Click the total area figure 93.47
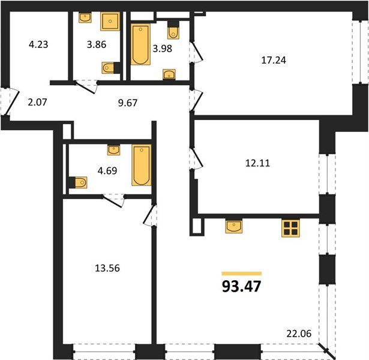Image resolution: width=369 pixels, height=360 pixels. [241, 286]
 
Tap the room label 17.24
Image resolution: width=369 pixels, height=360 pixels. [274, 60]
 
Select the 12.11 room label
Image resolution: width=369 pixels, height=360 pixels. [257, 163]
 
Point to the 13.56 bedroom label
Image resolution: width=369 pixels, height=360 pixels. [107, 268]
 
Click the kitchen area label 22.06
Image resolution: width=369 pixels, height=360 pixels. [299, 334]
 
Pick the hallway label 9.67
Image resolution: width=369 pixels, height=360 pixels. [128, 103]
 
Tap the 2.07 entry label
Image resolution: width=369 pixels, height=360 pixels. [37, 102]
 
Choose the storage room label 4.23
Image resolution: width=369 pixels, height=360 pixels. [38, 44]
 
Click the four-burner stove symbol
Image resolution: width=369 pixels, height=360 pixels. [290, 228]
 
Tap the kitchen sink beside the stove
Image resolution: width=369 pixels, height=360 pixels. [233, 226]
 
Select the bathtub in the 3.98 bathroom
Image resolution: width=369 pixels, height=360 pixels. [140, 44]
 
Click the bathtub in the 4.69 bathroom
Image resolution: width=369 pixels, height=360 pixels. [142, 165]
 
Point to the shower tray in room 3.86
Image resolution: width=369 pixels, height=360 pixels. [110, 21]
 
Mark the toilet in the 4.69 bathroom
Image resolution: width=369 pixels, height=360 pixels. [79, 182]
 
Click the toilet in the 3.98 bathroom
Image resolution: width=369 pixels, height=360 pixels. [173, 31]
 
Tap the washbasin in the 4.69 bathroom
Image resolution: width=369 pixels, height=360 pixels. [113, 150]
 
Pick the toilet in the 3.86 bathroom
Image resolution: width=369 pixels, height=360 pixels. [111, 68]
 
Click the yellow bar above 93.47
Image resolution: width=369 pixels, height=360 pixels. [242, 274]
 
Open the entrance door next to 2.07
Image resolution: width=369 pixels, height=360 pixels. [10, 101]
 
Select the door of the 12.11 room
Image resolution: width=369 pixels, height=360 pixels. [196, 158]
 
